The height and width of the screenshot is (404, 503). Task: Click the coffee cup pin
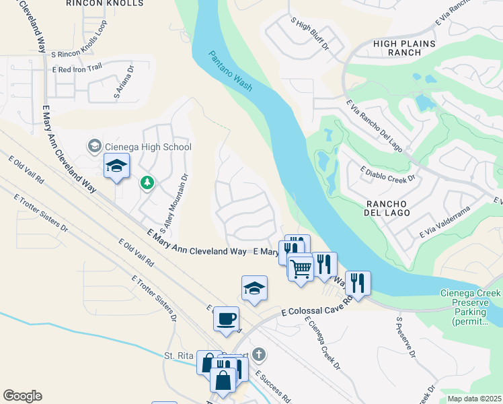227,318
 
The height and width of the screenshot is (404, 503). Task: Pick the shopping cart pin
301,267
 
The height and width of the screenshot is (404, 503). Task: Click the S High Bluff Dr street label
310,36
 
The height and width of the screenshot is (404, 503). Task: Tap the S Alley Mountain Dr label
172,199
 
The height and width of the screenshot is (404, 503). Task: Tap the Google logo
22,396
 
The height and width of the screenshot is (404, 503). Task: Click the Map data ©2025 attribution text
474,399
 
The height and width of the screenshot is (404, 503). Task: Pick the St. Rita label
179,356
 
